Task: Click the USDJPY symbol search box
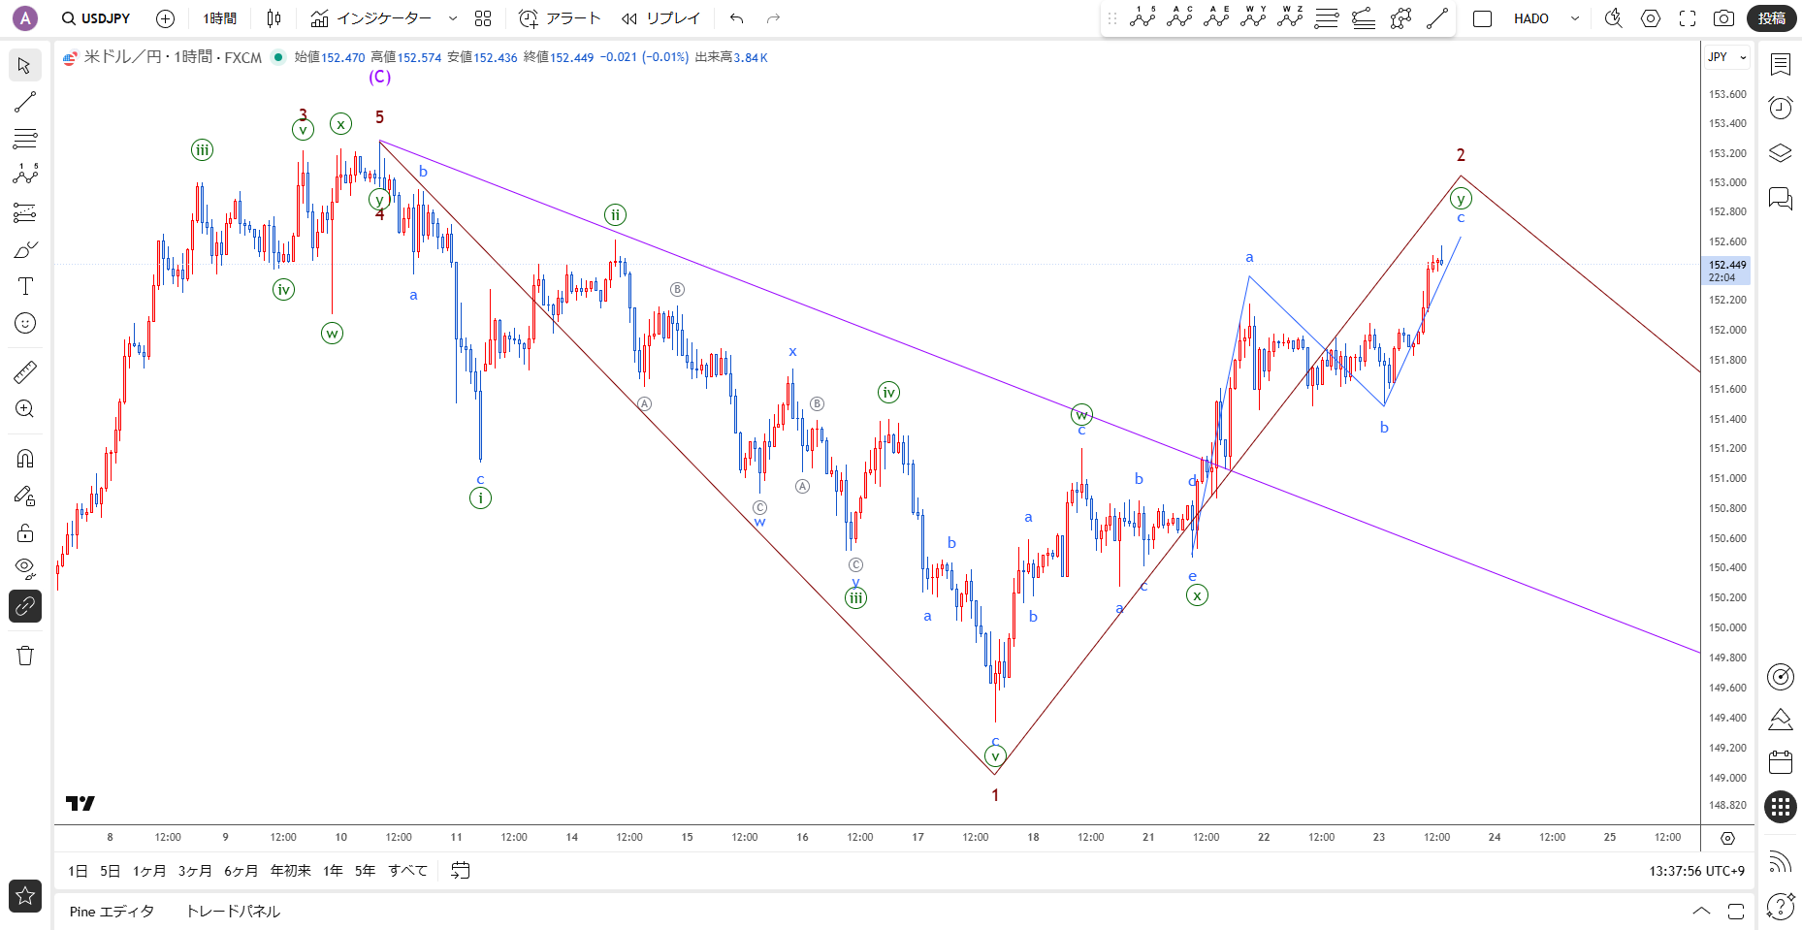(95, 18)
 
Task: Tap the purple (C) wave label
(379, 77)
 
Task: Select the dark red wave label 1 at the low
(995, 795)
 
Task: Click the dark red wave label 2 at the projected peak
(1461, 155)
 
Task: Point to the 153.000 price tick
(1726, 182)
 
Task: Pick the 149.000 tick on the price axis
(1726, 778)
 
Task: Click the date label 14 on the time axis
(572, 837)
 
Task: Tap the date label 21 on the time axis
(1148, 837)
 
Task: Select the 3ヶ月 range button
(194, 871)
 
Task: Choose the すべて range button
(407, 871)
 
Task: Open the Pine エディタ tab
(112, 912)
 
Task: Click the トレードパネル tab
(233, 912)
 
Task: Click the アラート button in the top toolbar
(560, 18)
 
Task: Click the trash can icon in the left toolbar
(25, 656)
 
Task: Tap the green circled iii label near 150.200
(855, 597)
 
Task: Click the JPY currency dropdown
(1726, 57)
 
